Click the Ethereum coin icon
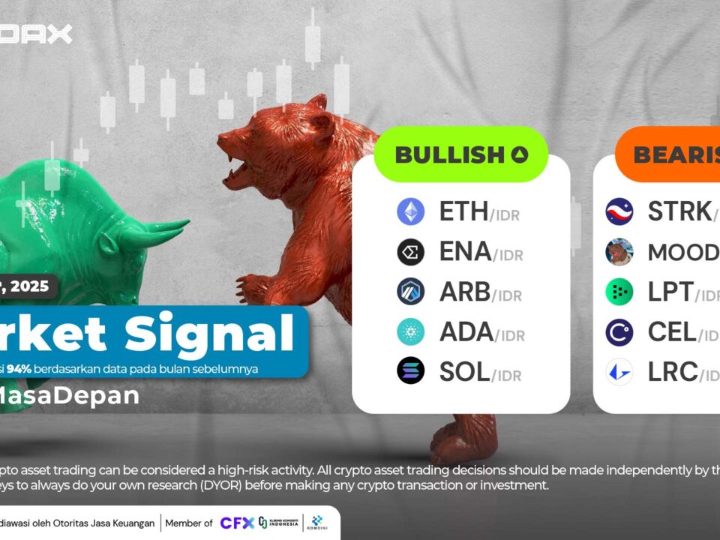[x=410, y=212]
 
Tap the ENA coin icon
[x=410, y=252]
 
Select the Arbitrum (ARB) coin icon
[x=410, y=292]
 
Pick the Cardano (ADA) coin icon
[x=410, y=331]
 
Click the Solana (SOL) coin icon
[x=410, y=371]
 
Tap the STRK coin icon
[x=619, y=212]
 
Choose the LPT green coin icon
[x=619, y=292]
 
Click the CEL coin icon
[x=619, y=331]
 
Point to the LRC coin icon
[x=619, y=371]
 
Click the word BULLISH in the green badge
[x=449, y=155]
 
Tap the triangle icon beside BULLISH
[x=520, y=155]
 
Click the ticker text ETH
[x=463, y=212]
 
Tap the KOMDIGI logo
[x=317, y=523]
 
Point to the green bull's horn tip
[x=185, y=223]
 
